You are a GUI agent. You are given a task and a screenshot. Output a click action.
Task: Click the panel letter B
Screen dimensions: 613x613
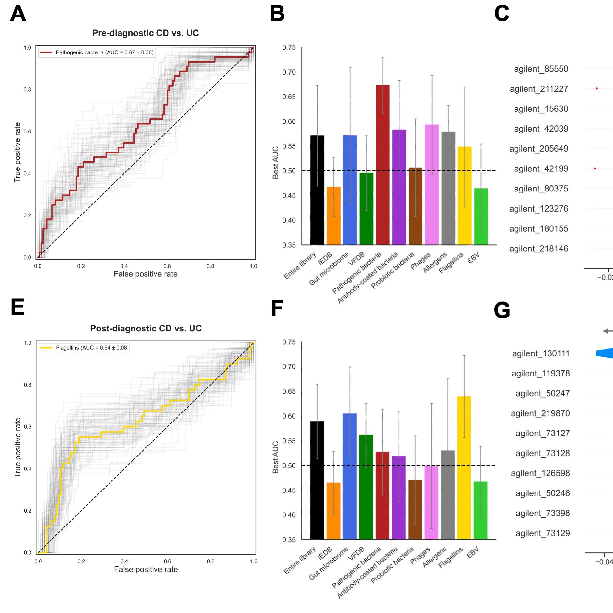click(277, 14)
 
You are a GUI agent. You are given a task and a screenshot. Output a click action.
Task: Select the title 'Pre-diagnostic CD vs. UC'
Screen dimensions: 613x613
click(145, 33)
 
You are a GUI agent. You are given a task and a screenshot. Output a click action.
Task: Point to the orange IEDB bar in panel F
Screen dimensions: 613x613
click(333, 511)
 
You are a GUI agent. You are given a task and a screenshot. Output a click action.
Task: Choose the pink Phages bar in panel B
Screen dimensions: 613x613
click(432, 184)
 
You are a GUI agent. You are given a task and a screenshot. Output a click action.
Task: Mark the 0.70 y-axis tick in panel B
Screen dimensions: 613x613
click(289, 72)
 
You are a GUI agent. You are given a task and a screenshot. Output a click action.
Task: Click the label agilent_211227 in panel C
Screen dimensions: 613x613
click(539, 89)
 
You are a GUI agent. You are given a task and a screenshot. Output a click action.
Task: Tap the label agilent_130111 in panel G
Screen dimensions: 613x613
click(541, 353)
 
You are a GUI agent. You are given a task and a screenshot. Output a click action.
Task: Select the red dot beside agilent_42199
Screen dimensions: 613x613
click(595, 168)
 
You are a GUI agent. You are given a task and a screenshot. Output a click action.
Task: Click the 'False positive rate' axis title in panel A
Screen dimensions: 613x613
click(145, 274)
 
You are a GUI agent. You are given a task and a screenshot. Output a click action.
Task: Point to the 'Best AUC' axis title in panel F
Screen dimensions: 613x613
click(275, 457)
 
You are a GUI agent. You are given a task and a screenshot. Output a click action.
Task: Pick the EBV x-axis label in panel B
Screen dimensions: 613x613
click(473, 258)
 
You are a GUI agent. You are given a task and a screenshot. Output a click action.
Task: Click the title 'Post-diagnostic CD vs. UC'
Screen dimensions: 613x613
click(146, 328)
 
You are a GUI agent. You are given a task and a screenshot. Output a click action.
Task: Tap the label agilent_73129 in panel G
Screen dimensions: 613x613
click(542, 533)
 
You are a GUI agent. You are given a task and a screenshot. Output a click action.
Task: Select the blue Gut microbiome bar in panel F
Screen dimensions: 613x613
click(350, 476)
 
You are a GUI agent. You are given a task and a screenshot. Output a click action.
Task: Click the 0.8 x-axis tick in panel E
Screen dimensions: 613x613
click(211, 561)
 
